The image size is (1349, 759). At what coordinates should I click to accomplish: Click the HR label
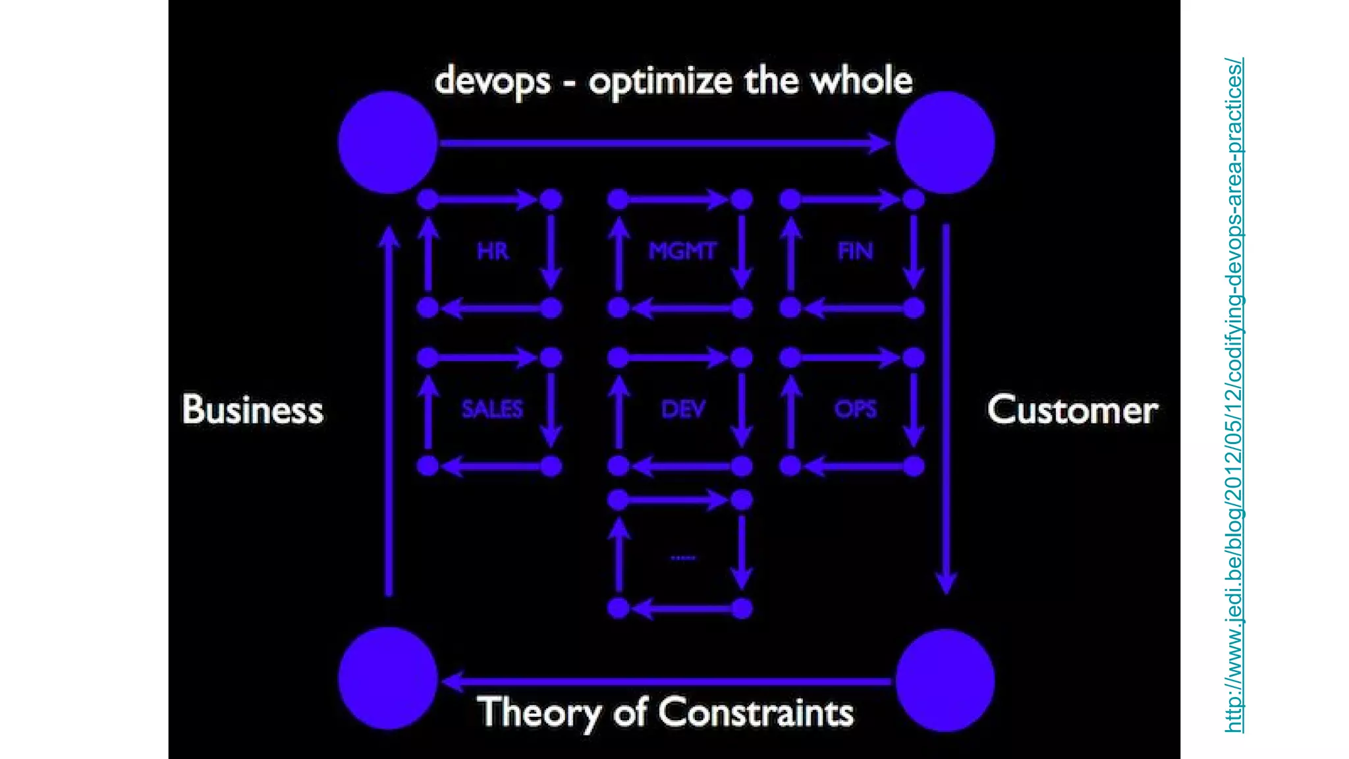click(x=493, y=251)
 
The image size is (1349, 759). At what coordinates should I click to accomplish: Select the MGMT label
click(x=682, y=251)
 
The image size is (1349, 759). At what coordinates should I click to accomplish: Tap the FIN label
click(x=855, y=251)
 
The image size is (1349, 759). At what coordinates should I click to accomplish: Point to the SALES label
click(x=492, y=409)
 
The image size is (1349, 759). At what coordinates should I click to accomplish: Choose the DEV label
click(x=683, y=409)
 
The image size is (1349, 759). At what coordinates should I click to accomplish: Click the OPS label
click(x=855, y=409)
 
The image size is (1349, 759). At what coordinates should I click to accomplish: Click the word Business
click(x=253, y=409)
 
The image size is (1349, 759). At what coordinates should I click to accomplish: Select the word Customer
click(x=1072, y=410)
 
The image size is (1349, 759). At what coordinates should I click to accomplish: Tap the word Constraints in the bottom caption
click(x=756, y=712)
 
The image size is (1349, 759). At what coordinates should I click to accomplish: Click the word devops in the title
click(x=492, y=82)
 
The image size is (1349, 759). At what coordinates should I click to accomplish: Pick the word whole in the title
click(x=861, y=80)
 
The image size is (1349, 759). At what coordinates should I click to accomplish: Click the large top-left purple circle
click(x=388, y=142)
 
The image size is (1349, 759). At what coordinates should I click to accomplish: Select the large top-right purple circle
click(x=945, y=142)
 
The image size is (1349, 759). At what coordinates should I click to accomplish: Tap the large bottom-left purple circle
click(x=388, y=679)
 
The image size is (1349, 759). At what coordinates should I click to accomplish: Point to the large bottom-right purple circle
click(x=945, y=680)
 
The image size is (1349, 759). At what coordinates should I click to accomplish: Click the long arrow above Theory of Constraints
click(x=665, y=681)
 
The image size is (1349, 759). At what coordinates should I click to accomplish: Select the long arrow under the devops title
click(x=665, y=142)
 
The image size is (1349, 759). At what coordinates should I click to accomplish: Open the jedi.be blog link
click(x=1234, y=395)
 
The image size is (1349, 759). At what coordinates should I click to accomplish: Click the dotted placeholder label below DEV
click(x=682, y=558)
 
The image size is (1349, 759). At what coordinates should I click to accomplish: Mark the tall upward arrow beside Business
click(x=389, y=411)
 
